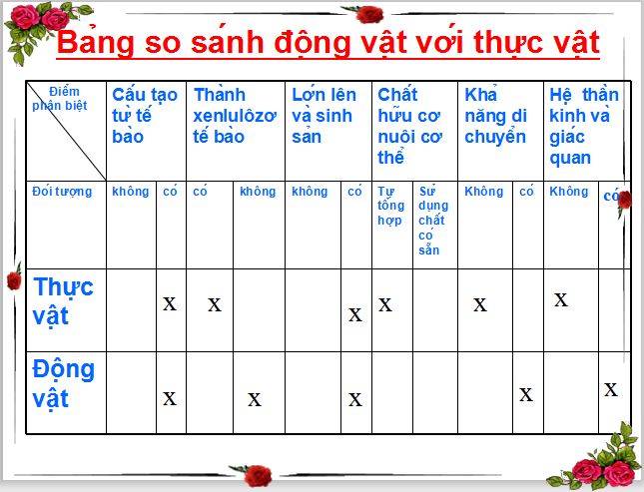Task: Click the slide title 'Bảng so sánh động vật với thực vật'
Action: tap(327, 43)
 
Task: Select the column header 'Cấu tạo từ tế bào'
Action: tap(145, 116)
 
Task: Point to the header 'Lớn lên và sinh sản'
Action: tap(323, 116)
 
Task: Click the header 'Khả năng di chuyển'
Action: tap(495, 116)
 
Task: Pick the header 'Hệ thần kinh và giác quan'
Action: tap(583, 126)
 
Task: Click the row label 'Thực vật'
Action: tap(64, 300)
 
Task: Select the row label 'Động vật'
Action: tap(64, 383)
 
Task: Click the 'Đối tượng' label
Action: tap(62, 191)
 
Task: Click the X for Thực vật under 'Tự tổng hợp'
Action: tap(385, 304)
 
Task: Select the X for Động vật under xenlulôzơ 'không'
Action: tap(255, 399)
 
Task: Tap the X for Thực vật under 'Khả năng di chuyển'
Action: tap(480, 304)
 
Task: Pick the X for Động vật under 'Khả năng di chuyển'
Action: tap(526, 393)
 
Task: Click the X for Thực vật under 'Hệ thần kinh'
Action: tap(561, 298)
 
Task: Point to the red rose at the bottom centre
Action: tap(259, 475)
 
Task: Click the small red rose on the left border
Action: tap(13, 279)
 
